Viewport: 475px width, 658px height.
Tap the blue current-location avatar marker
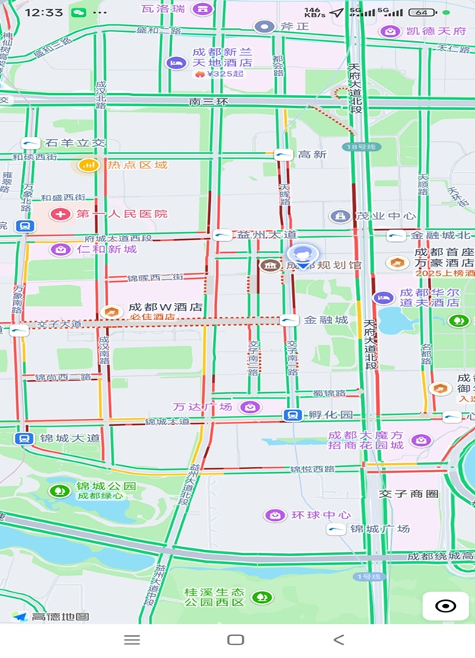click(303, 255)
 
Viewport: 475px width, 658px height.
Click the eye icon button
click(445, 606)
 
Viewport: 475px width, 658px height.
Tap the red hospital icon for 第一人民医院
click(59, 214)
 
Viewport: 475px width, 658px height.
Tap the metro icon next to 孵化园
click(292, 415)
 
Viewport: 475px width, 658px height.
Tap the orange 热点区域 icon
click(89, 164)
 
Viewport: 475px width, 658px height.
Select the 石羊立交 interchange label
click(75, 142)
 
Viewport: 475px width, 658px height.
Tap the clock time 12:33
click(43, 12)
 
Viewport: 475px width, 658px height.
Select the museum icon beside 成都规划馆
click(269, 265)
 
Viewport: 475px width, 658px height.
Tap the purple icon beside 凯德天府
click(391, 31)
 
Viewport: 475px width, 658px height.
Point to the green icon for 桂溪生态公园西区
click(263, 597)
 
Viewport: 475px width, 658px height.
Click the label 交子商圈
click(410, 494)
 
